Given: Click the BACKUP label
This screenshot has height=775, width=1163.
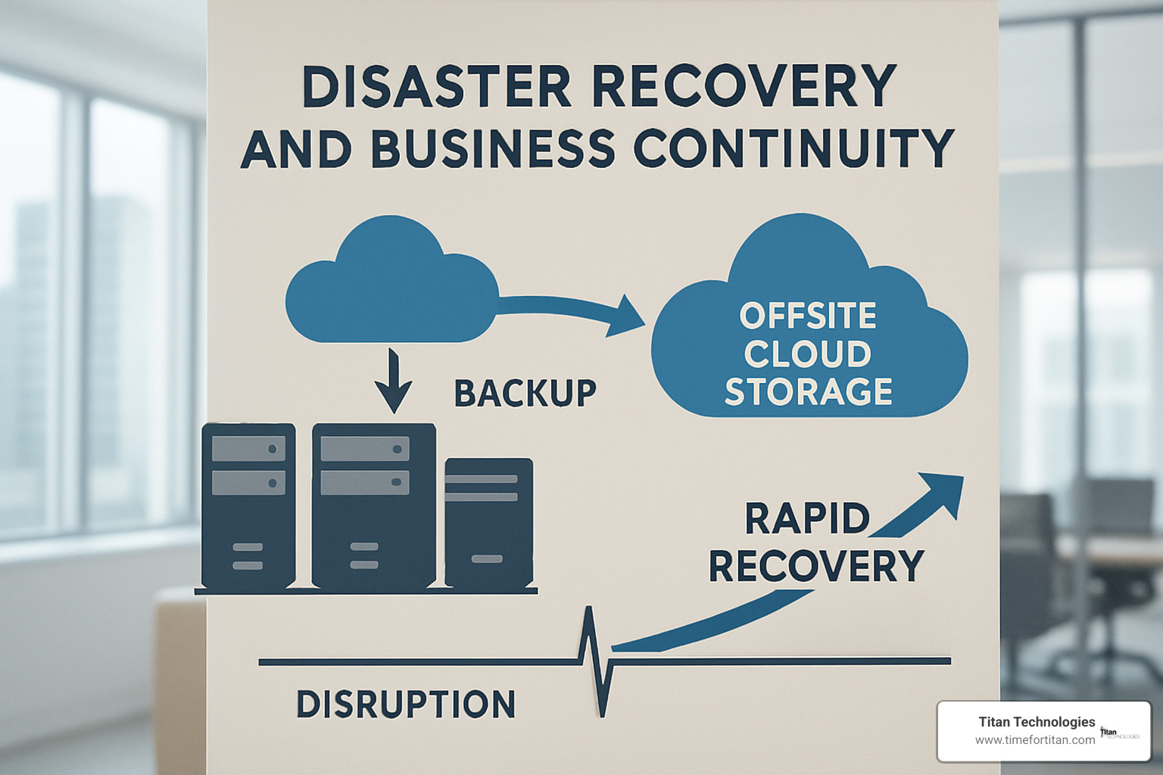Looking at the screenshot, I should pos(525,393).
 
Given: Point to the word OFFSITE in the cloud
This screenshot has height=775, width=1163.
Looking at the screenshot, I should pos(808,316).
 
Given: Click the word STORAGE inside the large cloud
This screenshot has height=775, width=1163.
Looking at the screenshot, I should pos(809,391).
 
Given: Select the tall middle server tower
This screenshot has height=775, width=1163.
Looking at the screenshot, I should pos(373,506).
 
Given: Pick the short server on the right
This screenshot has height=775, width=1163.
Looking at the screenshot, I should pos(488,522).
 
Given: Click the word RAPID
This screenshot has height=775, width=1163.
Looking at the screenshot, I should pos(807,519).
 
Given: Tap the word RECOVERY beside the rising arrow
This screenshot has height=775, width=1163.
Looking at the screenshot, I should pos(816,565).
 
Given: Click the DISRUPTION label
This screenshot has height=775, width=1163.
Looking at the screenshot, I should pos(406,705).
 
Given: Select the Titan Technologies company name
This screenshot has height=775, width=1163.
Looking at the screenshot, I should pos(1037,722).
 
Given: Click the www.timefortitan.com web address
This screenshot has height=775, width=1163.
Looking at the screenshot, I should pos(1034,740).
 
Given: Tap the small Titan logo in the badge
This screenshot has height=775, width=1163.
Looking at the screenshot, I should pos(1119,733).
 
